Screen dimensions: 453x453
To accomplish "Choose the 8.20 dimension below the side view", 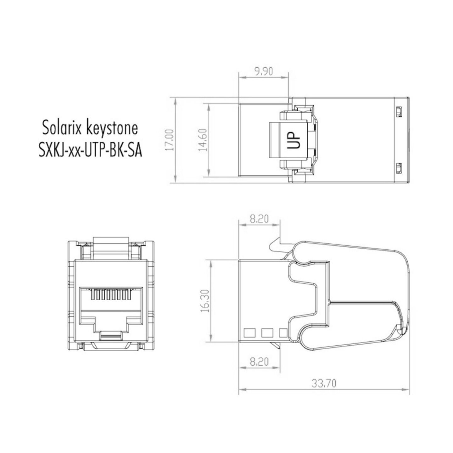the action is point(259,361).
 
